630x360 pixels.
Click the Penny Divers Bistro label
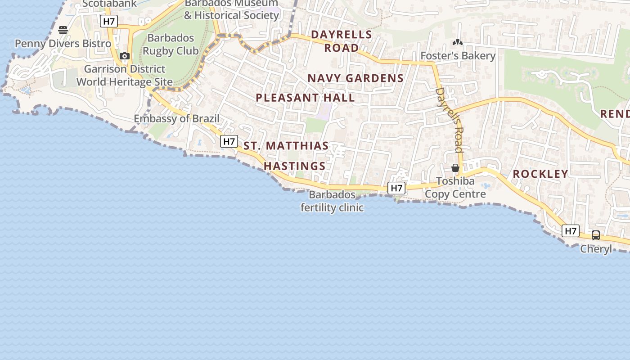click(x=63, y=44)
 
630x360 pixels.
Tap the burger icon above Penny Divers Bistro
click(x=63, y=30)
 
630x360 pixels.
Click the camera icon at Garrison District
click(x=125, y=56)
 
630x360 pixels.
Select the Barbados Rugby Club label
click(x=171, y=45)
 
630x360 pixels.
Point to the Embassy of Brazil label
click(x=177, y=119)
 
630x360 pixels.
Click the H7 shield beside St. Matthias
click(x=229, y=141)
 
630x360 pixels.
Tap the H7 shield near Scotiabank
click(x=109, y=21)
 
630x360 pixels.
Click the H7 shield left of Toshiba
click(x=396, y=188)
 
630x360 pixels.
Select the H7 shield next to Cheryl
click(x=570, y=231)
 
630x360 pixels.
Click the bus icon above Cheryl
click(x=596, y=235)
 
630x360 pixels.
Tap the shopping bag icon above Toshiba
click(x=455, y=168)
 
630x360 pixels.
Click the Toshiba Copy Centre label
click(x=455, y=188)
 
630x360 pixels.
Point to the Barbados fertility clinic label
click(x=332, y=201)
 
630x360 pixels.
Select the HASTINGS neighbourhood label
click(x=295, y=166)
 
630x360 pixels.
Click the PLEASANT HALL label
click(x=305, y=98)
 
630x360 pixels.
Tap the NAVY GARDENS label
click(x=355, y=78)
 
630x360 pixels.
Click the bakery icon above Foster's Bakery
click(x=458, y=43)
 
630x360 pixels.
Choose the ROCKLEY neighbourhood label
click(x=540, y=174)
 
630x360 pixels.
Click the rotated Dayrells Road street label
click(x=450, y=120)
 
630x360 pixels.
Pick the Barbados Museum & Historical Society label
click(x=232, y=9)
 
